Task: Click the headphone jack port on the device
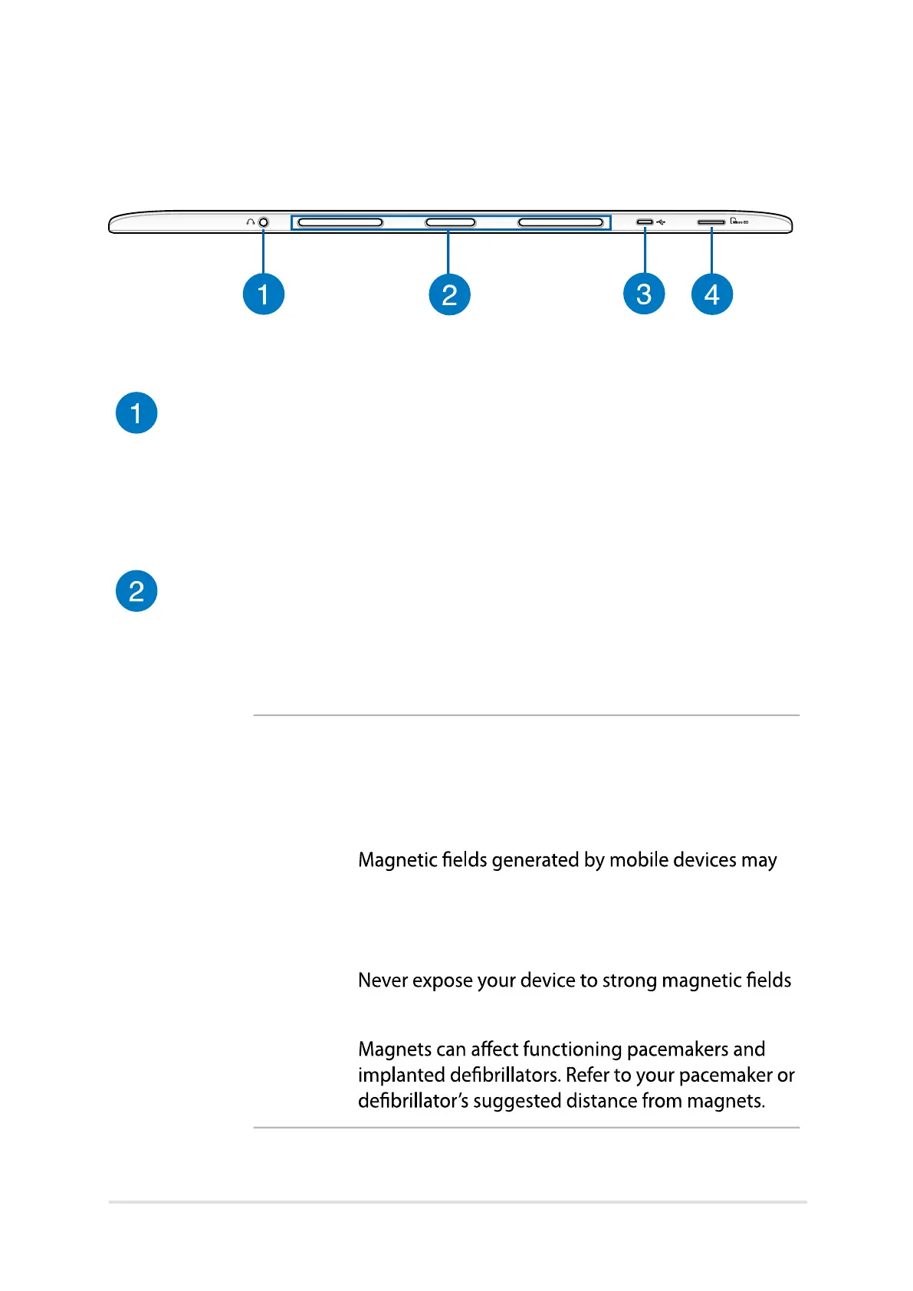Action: (264, 222)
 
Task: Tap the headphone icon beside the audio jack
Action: (250, 222)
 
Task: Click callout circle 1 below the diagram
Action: (264, 294)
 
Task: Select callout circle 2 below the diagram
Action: (449, 294)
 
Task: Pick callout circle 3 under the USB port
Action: (644, 294)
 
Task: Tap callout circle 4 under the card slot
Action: (712, 294)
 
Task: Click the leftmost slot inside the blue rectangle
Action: (340, 222)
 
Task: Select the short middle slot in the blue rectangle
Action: (451, 222)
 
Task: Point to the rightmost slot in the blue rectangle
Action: (560, 222)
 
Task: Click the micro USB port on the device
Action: (645, 222)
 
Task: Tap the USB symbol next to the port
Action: (661, 222)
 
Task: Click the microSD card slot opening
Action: (711, 222)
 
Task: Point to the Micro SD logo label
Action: (739, 222)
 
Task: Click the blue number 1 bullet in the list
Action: (136, 413)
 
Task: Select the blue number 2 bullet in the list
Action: (136, 591)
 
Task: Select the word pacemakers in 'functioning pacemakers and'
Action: (678, 1049)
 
